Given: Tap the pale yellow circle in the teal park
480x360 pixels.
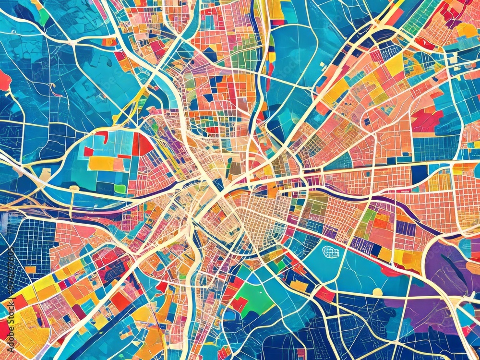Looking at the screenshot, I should [377, 292].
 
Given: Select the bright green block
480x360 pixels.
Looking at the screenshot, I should [256, 299].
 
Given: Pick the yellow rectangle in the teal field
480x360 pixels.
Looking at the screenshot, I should [102, 163].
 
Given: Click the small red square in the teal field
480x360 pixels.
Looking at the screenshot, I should [88, 151].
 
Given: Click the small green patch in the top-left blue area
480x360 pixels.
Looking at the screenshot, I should [44, 17].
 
